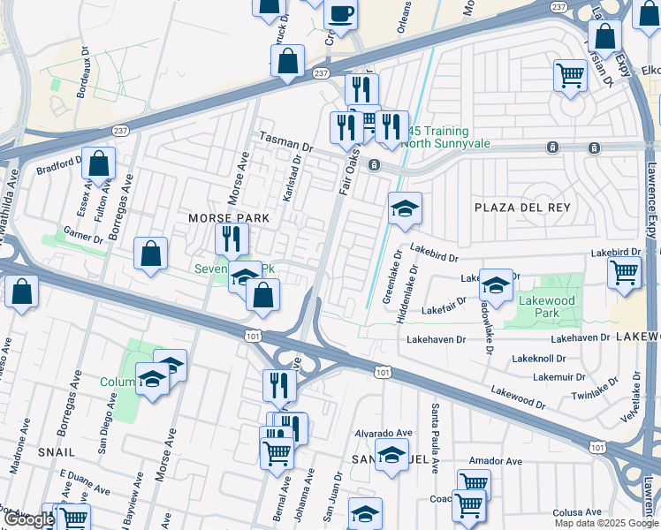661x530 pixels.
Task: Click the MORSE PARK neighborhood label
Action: [x=223, y=217]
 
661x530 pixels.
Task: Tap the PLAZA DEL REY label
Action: [x=522, y=207]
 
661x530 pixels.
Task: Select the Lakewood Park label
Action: [x=547, y=307]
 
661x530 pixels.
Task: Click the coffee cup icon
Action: [x=340, y=14]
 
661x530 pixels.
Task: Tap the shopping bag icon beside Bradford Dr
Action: [x=99, y=163]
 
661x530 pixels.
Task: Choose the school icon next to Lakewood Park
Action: [x=496, y=286]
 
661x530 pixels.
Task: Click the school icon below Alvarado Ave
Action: [x=391, y=456]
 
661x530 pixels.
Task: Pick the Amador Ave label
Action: [x=498, y=461]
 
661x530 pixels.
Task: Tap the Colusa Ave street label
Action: [x=576, y=512]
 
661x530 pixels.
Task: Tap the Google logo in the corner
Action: [x=29, y=519]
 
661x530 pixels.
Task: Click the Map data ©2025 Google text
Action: [x=606, y=523]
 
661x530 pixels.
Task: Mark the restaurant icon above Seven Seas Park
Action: [x=232, y=238]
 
